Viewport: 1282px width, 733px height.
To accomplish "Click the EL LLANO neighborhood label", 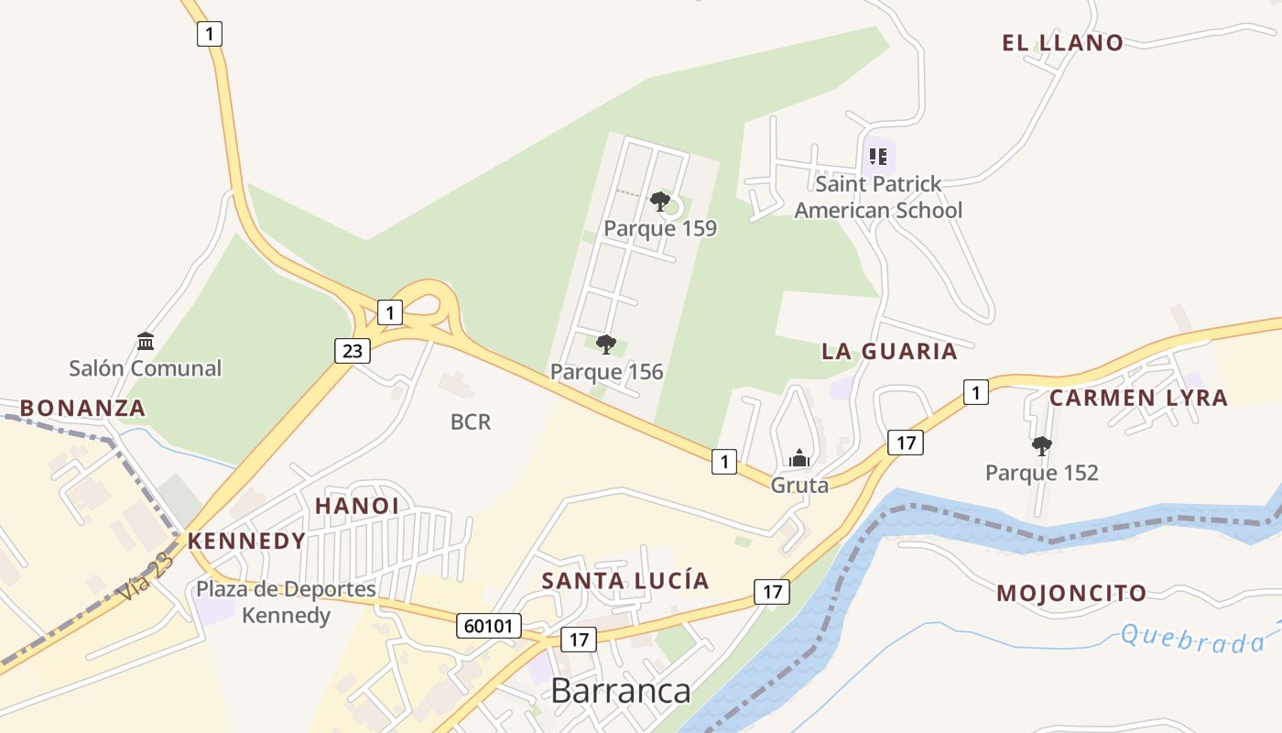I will click(1062, 42).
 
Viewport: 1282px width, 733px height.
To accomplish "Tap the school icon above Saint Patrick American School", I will click(877, 156).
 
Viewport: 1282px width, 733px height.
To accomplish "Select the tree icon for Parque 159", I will click(659, 202).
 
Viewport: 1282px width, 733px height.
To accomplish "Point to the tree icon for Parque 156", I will click(605, 345).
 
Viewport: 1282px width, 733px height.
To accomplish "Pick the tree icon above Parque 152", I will click(1041, 446).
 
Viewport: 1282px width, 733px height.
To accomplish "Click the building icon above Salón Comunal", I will click(146, 342).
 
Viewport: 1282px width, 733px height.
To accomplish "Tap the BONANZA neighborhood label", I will click(82, 408).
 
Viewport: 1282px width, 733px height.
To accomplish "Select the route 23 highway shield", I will click(352, 350).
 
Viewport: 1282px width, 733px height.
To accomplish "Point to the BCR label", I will click(471, 421).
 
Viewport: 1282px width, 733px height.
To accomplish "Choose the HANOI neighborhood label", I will click(357, 506).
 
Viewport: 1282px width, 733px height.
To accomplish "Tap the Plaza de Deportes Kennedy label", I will click(286, 601).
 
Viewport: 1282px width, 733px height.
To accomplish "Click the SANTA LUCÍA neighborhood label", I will click(625, 580).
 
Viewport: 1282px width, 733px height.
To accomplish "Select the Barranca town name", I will click(620, 690).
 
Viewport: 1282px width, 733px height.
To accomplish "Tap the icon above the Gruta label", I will click(799, 458).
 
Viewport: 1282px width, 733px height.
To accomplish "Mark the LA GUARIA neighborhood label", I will click(889, 351).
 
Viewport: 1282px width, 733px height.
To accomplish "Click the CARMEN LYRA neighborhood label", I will click(1138, 398).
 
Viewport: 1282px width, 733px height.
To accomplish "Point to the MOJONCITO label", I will click(1071, 593).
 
